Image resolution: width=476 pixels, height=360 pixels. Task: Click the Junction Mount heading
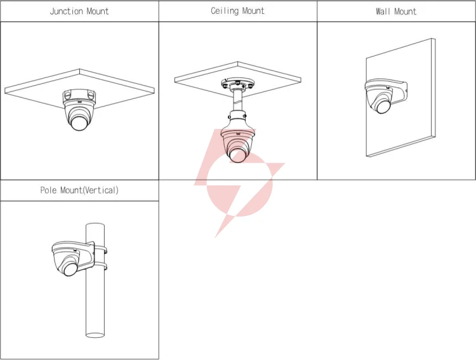pos(79,11)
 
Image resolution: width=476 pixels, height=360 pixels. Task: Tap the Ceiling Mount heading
pos(238,11)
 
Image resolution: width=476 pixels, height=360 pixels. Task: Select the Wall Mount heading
pos(396,11)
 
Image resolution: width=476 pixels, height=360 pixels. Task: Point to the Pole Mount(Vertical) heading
pos(79,190)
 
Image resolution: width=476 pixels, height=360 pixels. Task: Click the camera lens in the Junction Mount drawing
pos(79,123)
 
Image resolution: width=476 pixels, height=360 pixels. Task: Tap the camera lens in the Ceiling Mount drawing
pos(238,155)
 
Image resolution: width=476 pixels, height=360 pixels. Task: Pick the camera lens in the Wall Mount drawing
pos(383,106)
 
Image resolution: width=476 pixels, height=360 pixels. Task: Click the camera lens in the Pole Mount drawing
pos(70,269)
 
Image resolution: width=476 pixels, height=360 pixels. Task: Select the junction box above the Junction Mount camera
pos(79,96)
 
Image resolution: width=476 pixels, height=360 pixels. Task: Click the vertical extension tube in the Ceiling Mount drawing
pos(237,101)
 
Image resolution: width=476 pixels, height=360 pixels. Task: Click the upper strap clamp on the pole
pos(100,250)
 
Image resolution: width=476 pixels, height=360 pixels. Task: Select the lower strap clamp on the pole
pos(100,266)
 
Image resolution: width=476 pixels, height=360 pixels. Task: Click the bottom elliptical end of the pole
pos(95,335)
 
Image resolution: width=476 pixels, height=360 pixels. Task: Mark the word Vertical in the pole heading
pos(100,190)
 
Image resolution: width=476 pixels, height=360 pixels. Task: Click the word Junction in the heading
pos(67,11)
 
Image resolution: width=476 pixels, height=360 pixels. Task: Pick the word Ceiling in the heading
pos(225,11)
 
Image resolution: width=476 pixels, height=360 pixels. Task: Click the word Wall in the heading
pos(383,11)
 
